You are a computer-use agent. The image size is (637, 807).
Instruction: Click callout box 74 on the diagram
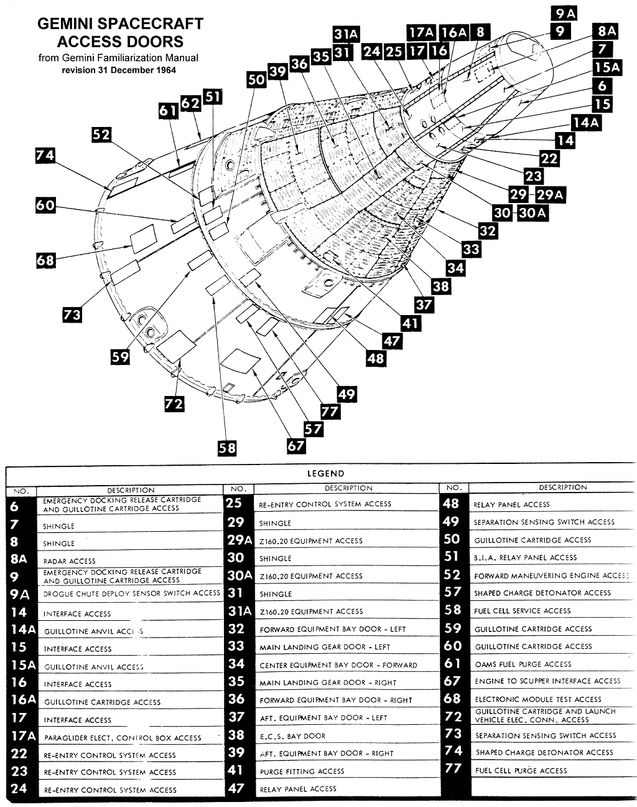pyautogui.click(x=45, y=155)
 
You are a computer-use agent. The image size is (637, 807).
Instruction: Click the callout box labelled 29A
pyautogui.click(x=550, y=194)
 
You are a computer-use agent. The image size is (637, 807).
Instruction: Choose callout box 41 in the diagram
pyautogui.click(x=410, y=323)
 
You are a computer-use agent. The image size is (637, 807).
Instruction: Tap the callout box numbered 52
pyautogui.click(x=102, y=134)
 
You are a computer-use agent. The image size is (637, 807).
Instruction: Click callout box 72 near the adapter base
pyautogui.click(x=174, y=404)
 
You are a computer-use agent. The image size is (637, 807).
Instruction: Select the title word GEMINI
pyautogui.click(x=69, y=24)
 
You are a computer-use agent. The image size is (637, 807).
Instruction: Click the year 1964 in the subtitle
pyautogui.click(x=163, y=70)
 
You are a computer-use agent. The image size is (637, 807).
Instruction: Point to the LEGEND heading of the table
pyautogui.click(x=326, y=474)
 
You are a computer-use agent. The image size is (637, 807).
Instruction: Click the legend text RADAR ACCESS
pyautogui.click(x=70, y=561)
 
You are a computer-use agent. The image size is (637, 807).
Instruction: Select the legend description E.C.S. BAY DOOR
pyautogui.click(x=292, y=735)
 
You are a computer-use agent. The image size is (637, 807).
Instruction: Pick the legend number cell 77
pyautogui.click(x=453, y=770)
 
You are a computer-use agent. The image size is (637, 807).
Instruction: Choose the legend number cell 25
pyautogui.click(x=237, y=504)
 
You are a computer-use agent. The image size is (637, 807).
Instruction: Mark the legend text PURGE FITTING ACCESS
pyautogui.click(x=302, y=771)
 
